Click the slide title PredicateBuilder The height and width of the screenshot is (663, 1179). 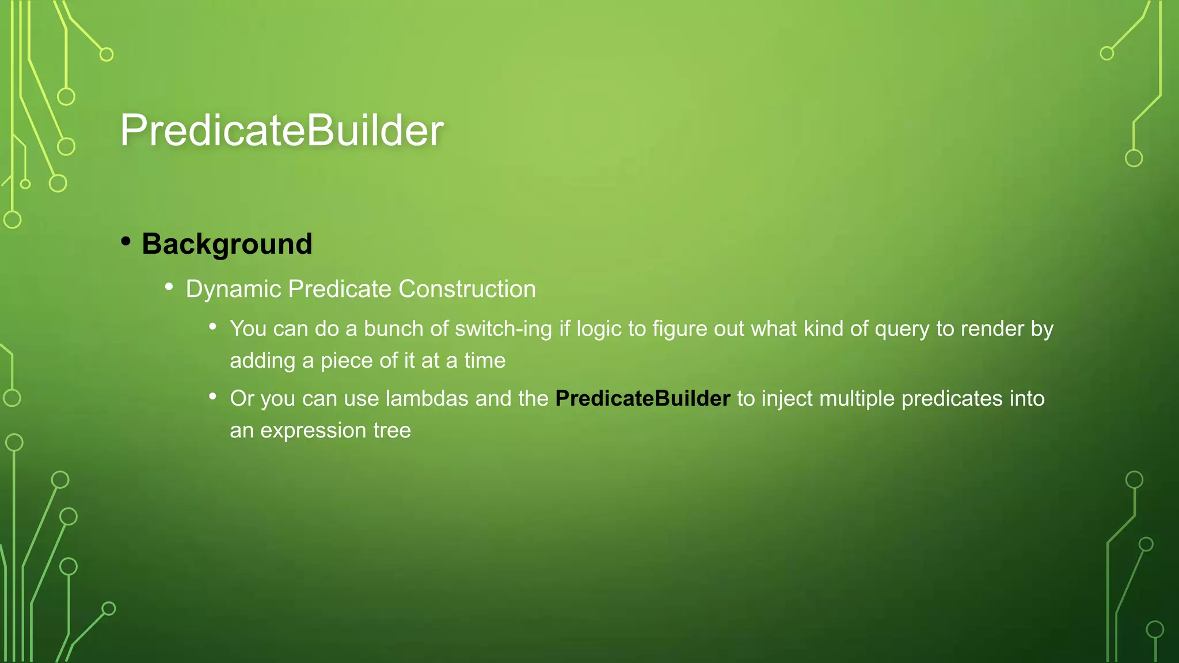click(x=282, y=131)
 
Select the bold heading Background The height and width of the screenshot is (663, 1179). click(x=227, y=244)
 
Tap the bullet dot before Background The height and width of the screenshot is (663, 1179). click(x=125, y=241)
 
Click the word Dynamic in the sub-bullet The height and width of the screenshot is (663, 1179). click(x=233, y=289)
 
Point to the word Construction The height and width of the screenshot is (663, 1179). click(x=467, y=289)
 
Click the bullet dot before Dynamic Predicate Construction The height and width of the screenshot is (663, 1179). click(x=169, y=286)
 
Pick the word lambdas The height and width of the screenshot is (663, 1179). click(x=427, y=398)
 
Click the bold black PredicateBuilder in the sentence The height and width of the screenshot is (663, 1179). click(x=642, y=398)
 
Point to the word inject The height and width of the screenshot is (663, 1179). click(x=786, y=398)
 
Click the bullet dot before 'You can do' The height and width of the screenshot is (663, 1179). click(x=213, y=326)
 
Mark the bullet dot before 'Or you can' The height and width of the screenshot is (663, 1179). click(x=213, y=396)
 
